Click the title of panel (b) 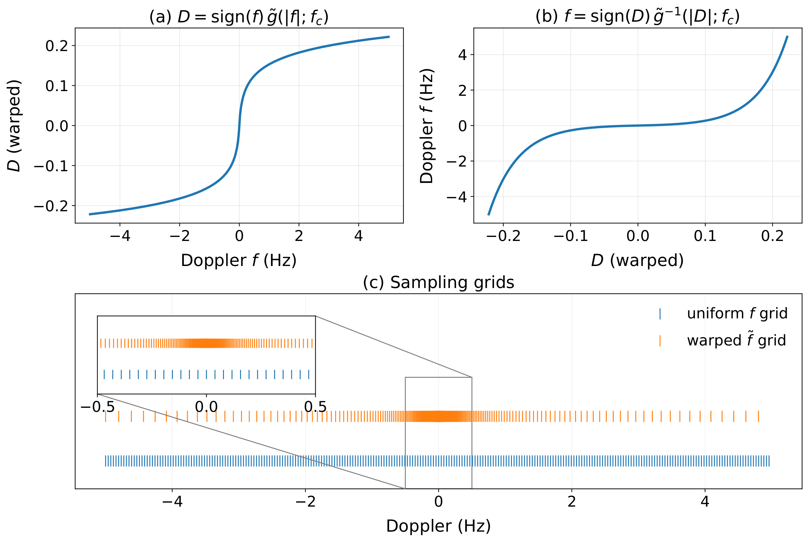(x=637, y=17)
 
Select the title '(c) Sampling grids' (x=438, y=282)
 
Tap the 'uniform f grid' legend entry (x=737, y=313)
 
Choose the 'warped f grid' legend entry (x=736, y=340)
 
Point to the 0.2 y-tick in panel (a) (x=57, y=46)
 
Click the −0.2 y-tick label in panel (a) (x=51, y=206)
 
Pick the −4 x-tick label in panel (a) (x=119, y=236)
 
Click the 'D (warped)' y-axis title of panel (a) (x=14, y=125)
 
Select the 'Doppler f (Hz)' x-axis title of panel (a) (x=238, y=260)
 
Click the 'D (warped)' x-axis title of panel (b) (x=637, y=260)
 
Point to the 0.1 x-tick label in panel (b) (x=705, y=236)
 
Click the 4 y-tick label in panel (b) (x=462, y=55)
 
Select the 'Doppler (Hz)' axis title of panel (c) (x=438, y=526)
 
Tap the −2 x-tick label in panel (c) (x=305, y=502)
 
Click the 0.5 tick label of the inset (x=315, y=407)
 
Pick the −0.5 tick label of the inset (x=97, y=407)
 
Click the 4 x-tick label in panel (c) (x=705, y=502)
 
